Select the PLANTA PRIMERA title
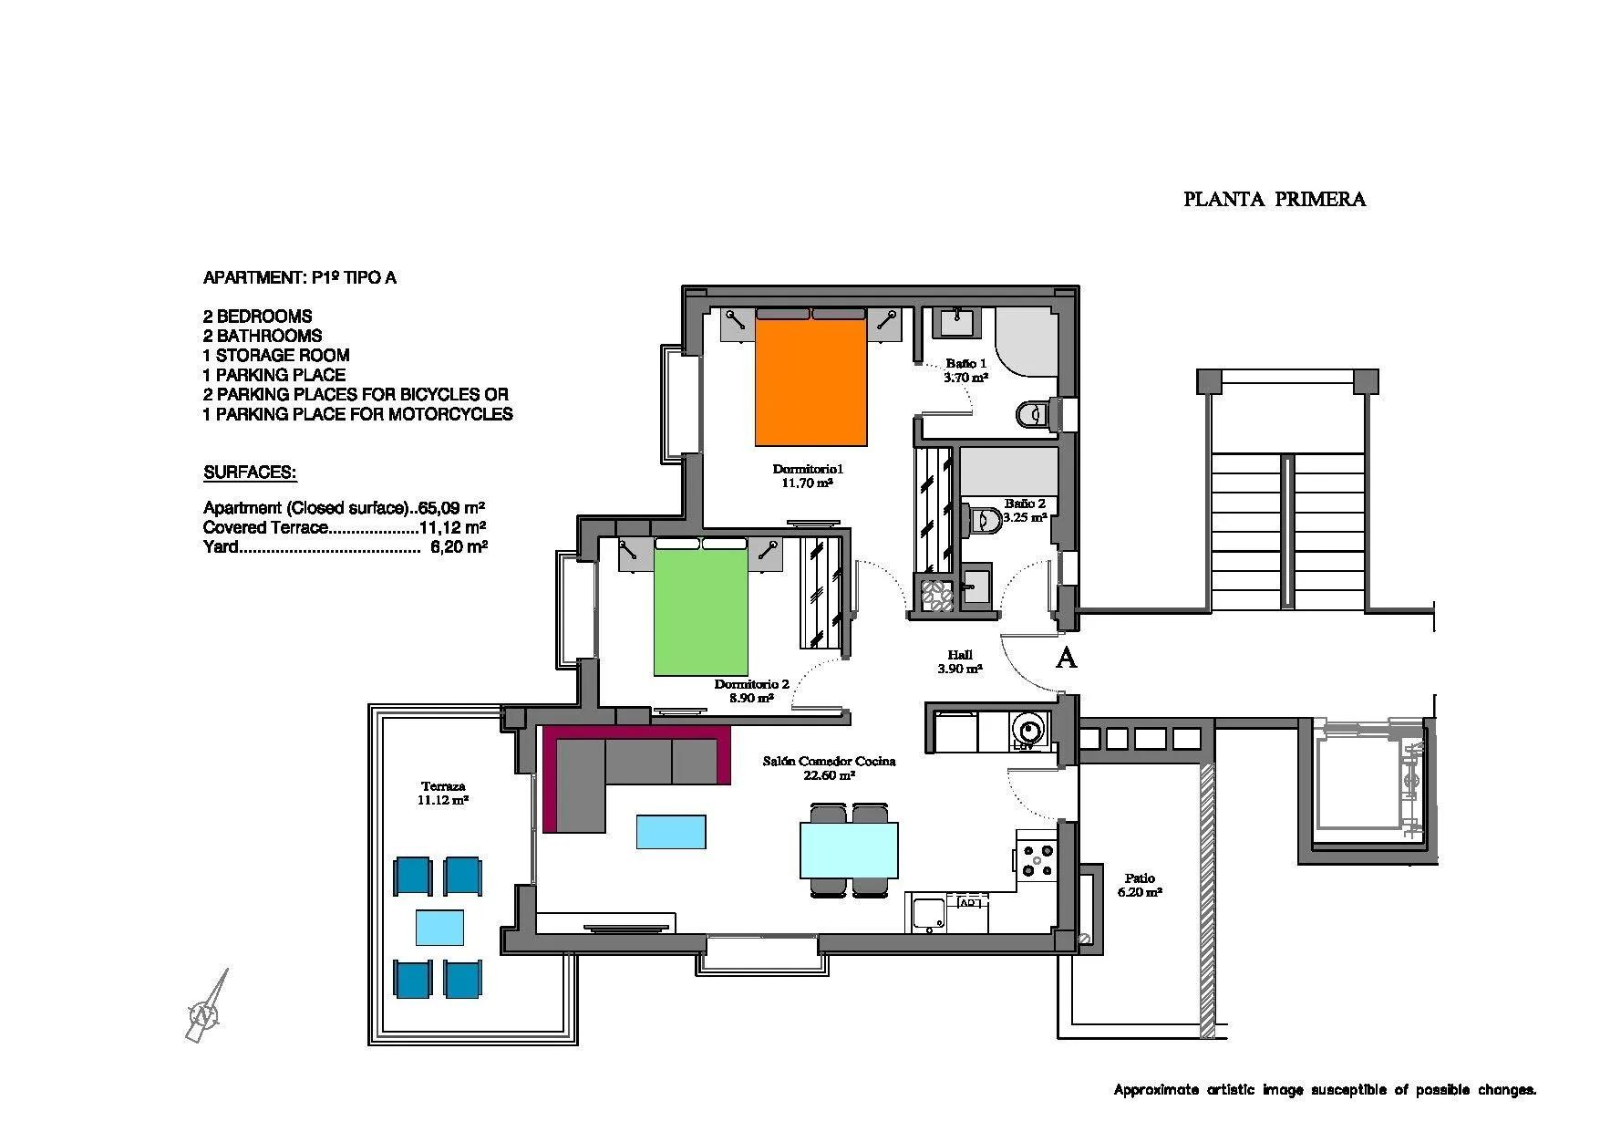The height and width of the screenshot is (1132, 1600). (x=1274, y=200)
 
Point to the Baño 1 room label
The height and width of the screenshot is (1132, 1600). (x=965, y=369)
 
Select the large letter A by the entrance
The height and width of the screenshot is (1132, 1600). (x=1066, y=658)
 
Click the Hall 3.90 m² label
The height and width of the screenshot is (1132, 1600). (x=959, y=661)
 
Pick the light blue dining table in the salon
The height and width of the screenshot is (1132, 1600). (x=848, y=849)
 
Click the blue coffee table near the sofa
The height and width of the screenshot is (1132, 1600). (x=671, y=832)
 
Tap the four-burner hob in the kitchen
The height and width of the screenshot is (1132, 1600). (x=1037, y=860)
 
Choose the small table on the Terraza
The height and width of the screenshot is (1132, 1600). (x=439, y=927)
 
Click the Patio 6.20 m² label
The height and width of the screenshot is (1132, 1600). (x=1139, y=886)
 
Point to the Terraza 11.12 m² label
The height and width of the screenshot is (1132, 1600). (x=443, y=793)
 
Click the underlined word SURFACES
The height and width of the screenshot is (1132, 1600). (x=249, y=473)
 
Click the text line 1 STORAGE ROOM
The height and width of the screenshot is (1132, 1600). (x=276, y=355)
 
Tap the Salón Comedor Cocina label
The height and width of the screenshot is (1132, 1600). (x=829, y=767)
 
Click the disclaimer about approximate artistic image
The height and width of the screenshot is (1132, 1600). (x=1324, y=1089)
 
